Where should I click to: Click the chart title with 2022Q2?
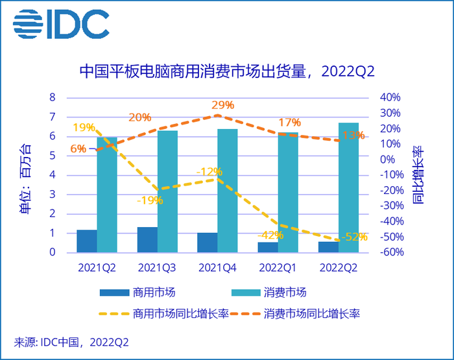coord(226,69)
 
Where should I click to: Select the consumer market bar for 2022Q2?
coord(348,187)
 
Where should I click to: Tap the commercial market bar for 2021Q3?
coord(147,240)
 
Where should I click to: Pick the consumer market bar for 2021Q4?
coord(228,191)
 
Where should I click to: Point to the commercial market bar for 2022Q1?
coord(268,247)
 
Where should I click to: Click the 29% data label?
coord(222,105)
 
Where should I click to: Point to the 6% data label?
coord(78,149)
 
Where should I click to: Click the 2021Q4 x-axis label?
coord(217,267)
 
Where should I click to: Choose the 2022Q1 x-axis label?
coord(278,267)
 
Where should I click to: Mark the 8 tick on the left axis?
coord(53,98)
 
